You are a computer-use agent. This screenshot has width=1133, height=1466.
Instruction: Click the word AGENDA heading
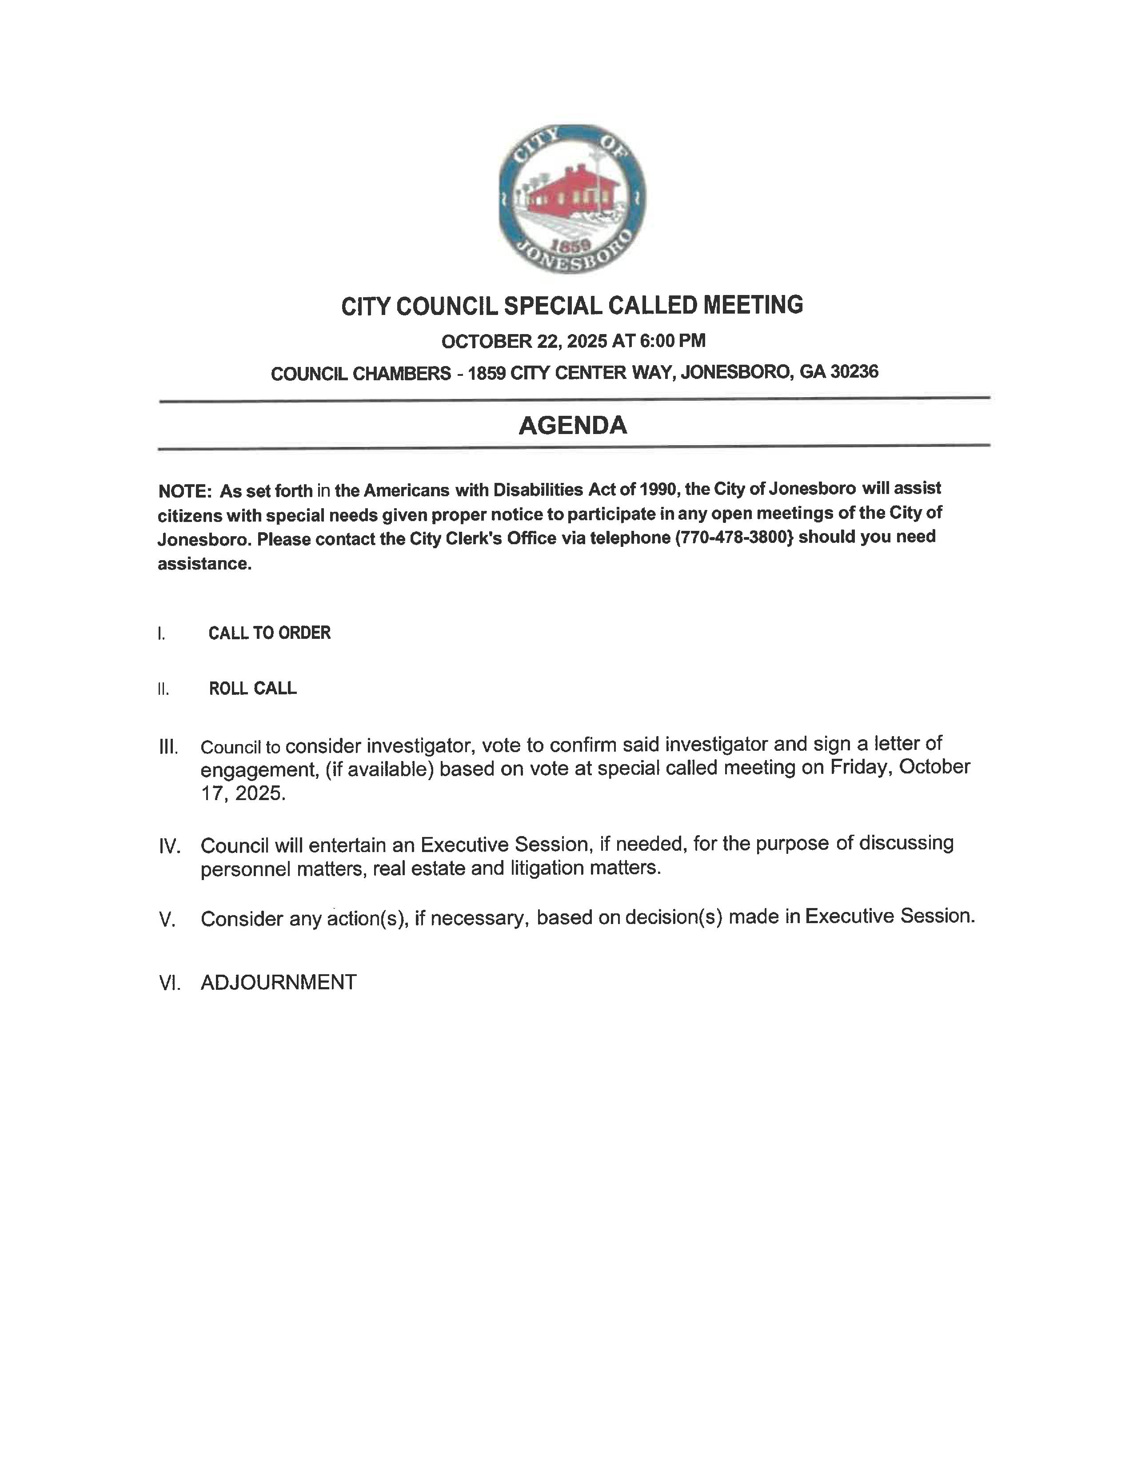tap(573, 425)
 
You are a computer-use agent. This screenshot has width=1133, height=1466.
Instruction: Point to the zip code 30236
tap(854, 371)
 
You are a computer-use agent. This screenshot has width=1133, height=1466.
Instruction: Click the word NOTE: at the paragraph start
tap(185, 491)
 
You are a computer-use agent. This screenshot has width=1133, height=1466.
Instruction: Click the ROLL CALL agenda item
tap(252, 689)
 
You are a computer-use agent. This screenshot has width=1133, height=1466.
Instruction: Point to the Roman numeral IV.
tap(170, 846)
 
